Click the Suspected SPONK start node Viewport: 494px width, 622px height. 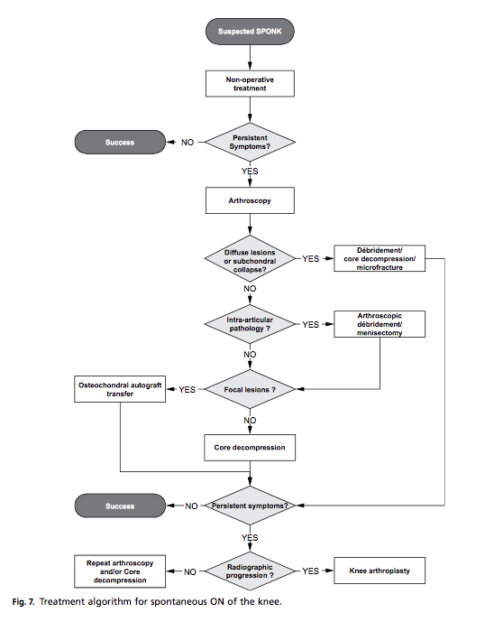click(x=250, y=32)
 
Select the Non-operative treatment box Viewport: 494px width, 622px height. click(x=250, y=84)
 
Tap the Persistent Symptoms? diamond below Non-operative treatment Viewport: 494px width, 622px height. click(x=250, y=142)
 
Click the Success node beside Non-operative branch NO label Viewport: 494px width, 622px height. click(x=120, y=142)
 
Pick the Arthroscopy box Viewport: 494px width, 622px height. click(x=250, y=200)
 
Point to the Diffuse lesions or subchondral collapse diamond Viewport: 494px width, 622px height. click(x=250, y=258)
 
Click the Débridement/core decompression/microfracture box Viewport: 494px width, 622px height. click(x=380, y=258)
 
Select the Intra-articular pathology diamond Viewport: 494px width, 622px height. click(x=250, y=324)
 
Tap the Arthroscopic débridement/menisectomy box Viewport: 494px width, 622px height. click(x=380, y=324)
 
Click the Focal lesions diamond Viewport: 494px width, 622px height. click(x=250, y=389)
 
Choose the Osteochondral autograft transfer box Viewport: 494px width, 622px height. click(x=120, y=389)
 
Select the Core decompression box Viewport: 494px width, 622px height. click(x=250, y=448)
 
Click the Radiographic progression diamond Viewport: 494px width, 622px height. click(x=250, y=571)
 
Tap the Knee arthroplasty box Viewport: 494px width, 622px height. click(x=380, y=571)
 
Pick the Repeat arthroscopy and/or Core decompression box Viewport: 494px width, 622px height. click(x=120, y=571)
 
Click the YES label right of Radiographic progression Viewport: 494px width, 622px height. click(x=311, y=571)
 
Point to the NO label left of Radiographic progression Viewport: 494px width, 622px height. click(x=190, y=571)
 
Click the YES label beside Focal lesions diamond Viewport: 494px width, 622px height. click(x=187, y=390)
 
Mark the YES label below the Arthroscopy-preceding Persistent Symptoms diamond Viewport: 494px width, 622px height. click(x=250, y=171)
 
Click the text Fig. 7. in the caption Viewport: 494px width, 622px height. click(x=23, y=602)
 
